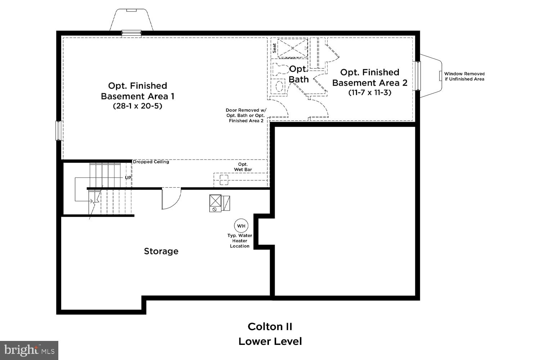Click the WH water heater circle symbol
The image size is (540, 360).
coord(241,226)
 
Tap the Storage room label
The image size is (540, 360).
coord(161,251)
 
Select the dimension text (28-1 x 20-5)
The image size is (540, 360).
coord(138,106)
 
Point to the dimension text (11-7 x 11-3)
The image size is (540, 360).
coord(370,93)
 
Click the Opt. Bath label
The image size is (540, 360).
coord(299,74)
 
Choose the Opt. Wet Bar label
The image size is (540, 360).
coord(243,167)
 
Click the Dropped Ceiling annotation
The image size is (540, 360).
coord(151,162)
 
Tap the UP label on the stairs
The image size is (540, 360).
coord(128,178)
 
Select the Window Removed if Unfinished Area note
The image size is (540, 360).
coord(464,76)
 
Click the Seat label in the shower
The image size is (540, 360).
coord(274,48)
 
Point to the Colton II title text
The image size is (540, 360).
coord(270,327)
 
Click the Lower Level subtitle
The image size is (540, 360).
coord(270,341)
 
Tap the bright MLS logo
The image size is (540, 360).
coord(29,350)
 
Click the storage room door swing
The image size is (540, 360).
coord(171,199)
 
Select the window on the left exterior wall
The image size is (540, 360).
coord(59,130)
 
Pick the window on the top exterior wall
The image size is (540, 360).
coord(131,33)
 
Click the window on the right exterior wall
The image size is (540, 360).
coord(418,76)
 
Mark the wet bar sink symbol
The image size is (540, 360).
coord(224,179)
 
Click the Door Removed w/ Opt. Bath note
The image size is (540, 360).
coord(246,116)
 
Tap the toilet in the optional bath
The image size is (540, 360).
coord(280,68)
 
